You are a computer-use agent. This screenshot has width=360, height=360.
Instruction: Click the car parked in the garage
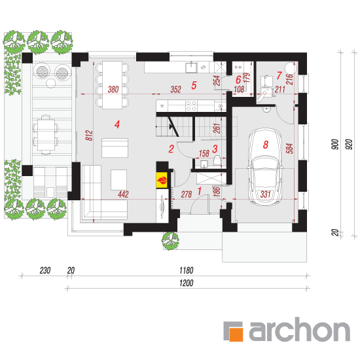(x=265, y=167)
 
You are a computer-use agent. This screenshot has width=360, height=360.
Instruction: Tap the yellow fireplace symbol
(x=162, y=180)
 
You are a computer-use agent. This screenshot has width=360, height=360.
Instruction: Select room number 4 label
(x=117, y=124)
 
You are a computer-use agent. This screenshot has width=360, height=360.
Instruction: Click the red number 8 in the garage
(x=266, y=145)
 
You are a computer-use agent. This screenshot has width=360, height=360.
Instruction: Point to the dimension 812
(x=89, y=135)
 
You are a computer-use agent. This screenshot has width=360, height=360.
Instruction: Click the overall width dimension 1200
(x=186, y=283)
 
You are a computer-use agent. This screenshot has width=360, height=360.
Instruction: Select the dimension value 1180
(x=186, y=270)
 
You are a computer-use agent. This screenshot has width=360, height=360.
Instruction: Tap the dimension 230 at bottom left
(x=45, y=270)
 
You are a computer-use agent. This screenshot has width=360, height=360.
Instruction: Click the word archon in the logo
(x=299, y=329)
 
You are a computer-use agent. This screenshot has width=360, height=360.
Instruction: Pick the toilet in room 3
(x=217, y=160)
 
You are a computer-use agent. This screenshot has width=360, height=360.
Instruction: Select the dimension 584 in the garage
(x=289, y=149)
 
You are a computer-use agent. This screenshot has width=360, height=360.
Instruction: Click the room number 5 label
(x=194, y=85)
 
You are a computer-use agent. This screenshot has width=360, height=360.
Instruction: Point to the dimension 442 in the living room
(x=123, y=194)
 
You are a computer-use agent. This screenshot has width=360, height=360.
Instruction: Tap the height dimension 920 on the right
(x=349, y=144)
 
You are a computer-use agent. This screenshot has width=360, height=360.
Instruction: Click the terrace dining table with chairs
(x=45, y=134)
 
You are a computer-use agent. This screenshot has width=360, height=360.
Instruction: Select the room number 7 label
(x=279, y=75)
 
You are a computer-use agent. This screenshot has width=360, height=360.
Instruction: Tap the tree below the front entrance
(x=170, y=241)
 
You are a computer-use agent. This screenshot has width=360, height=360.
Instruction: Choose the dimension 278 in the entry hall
(x=186, y=194)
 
